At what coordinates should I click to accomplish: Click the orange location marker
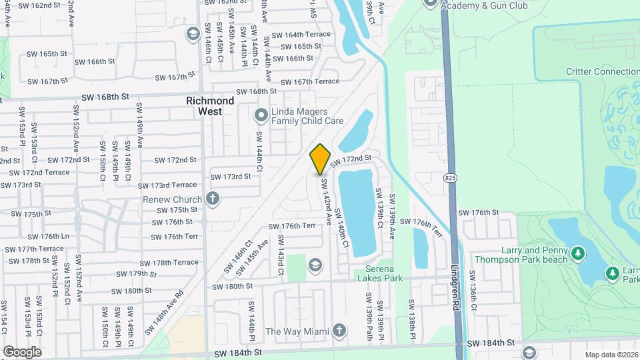click(x=320, y=159)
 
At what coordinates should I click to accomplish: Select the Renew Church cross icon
click(x=212, y=199)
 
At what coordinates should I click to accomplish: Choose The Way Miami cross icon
click(x=339, y=331)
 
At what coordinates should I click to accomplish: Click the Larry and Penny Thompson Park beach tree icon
click(x=579, y=253)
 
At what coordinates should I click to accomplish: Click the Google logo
click(x=22, y=351)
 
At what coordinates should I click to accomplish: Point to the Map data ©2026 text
click(x=611, y=355)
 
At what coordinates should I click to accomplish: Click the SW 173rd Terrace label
click(x=167, y=185)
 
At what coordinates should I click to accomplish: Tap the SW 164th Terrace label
click(x=307, y=35)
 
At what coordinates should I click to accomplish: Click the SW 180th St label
click(x=233, y=286)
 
